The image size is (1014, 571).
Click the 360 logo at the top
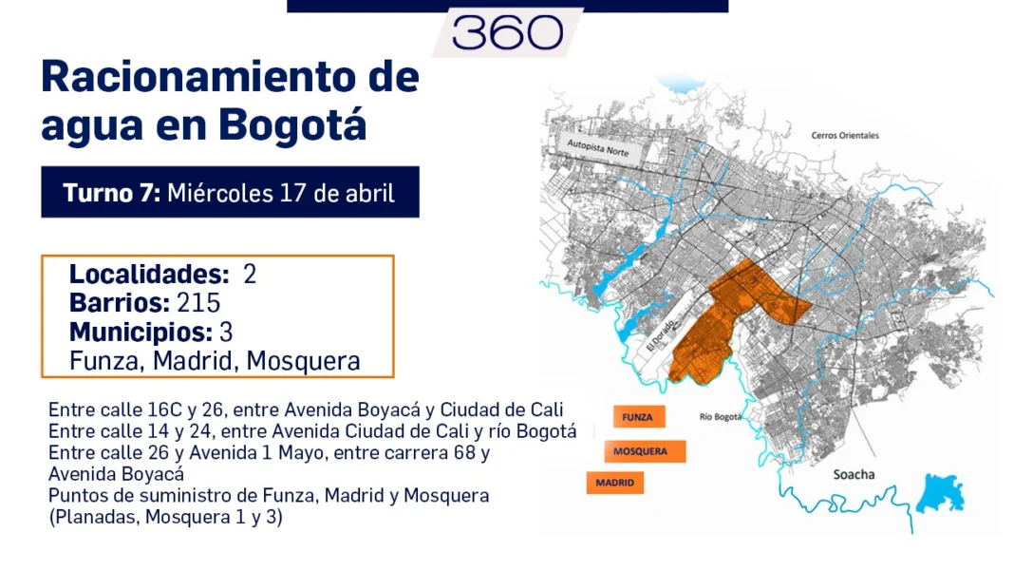pos(507,32)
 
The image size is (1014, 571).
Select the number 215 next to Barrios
pos(198,303)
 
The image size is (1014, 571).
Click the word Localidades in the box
pos(149,275)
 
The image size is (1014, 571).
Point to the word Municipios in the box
pos(141,333)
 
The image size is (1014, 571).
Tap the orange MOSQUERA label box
pos(641,451)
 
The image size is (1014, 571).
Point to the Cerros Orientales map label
pos(844,135)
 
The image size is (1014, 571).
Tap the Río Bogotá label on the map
pos(719,416)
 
